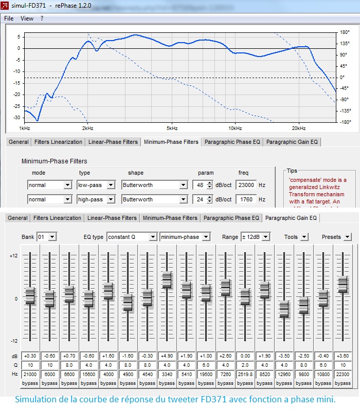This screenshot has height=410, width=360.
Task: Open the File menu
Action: point(9,18)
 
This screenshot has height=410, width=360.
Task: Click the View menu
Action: point(27,18)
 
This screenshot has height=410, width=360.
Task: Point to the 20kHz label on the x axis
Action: point(299,128)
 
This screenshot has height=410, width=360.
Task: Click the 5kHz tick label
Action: point(172,128)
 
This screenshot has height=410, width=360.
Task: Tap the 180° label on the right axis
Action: point(345,32)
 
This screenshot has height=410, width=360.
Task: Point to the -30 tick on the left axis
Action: point(17,118)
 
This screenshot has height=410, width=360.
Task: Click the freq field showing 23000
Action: point(246,185)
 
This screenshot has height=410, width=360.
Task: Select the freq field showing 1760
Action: point(246,199)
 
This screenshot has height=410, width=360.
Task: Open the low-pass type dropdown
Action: point(96,185)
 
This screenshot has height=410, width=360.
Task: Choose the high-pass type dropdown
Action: point(96,199)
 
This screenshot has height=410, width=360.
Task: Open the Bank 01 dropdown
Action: point(47,237)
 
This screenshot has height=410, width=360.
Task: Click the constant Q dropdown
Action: point(132,237)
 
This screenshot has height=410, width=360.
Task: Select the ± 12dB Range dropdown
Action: point(255,237)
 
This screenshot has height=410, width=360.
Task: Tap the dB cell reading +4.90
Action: point(167,356)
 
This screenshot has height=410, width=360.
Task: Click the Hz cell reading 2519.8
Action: point(245,374)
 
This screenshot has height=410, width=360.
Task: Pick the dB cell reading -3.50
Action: point(284,356)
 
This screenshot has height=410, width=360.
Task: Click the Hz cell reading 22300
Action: point(343,374)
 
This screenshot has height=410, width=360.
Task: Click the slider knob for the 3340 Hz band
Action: point(167,280)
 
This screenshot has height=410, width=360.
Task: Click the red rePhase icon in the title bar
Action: point(5,6)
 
